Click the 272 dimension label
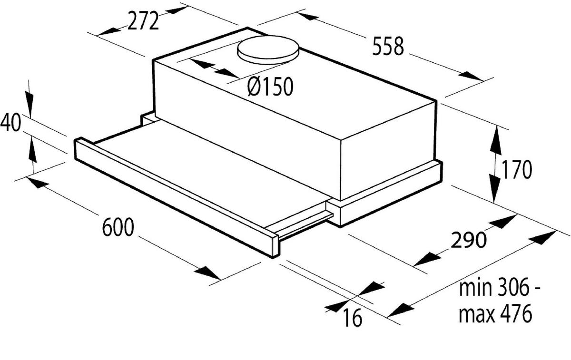coord(143,21)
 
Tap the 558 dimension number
coord(387,47)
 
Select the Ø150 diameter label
coord(270,87)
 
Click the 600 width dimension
coord(118,228)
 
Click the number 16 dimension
coord(352,318)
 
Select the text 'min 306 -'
coord(499,289)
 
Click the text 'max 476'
coord(495,314)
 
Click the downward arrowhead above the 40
coord(29,104)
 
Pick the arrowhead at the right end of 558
coord(471,76)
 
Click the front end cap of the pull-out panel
coord(273,245)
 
